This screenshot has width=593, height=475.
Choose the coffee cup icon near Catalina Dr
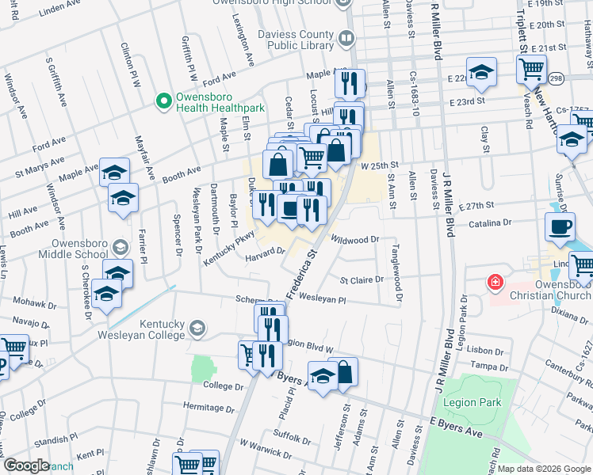click(560, 226)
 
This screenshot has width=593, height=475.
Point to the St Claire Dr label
click(362, 279)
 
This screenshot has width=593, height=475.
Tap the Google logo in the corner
click(27, 465)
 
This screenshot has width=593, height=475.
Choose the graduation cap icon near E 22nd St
click(480, 72)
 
